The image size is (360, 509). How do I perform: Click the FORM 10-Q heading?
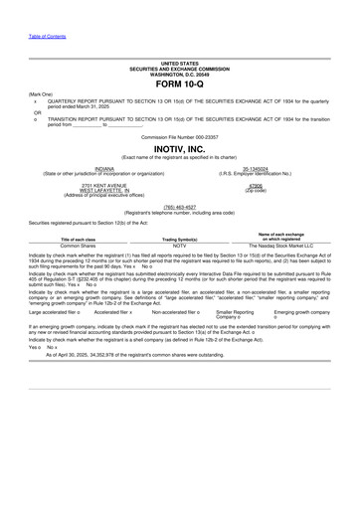click(179, 85)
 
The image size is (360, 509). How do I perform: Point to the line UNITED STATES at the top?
click(179, 63)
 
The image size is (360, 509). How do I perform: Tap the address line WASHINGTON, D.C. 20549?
click(179, 74)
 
